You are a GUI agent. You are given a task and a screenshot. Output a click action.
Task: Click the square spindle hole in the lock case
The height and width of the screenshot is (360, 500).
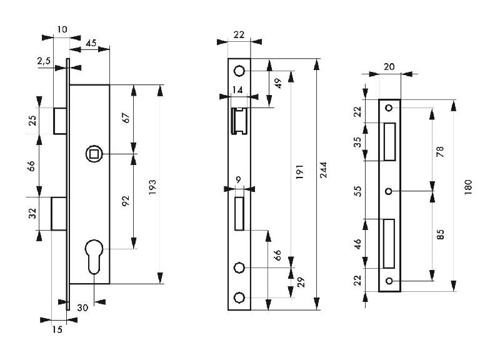[93, 153]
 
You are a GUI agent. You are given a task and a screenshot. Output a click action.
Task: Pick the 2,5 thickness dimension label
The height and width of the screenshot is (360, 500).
[44, 61]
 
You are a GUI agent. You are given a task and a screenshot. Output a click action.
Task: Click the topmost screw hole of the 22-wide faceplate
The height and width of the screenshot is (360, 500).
[238, 71]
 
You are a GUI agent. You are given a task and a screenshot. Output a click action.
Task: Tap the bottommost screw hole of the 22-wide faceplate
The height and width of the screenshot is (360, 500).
[238, 297]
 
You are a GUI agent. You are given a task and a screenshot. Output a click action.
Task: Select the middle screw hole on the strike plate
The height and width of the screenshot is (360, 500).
[389, 191]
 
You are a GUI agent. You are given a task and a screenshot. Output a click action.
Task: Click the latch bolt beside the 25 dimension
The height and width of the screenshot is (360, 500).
[61, 121]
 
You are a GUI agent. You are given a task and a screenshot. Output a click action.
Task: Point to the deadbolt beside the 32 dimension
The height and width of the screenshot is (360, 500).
[59, 213]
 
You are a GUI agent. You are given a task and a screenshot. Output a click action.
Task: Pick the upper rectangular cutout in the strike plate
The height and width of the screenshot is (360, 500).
[389, 141]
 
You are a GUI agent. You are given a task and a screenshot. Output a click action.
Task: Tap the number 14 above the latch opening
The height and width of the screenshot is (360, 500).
[237, 90]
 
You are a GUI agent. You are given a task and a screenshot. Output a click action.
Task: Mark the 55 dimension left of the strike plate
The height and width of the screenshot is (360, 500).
[358, 191]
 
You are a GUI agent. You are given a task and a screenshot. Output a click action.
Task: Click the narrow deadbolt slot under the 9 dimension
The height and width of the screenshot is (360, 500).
[238, 212]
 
